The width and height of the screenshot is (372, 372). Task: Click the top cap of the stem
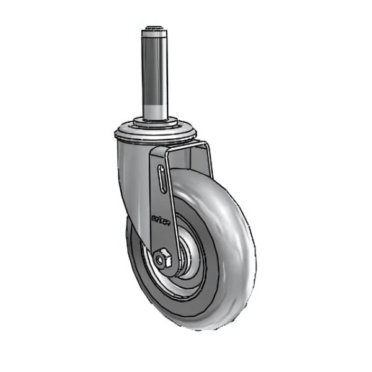tap(155, 28)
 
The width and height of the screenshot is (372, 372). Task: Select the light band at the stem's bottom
tap(155, 112)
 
